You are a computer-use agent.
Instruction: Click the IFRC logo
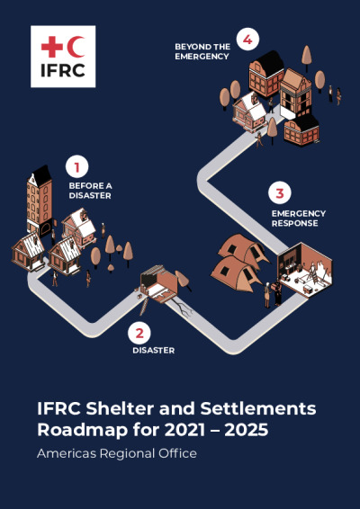coord(63,57)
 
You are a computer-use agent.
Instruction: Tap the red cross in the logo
coord(51,48)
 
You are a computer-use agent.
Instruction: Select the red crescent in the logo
coord(76,48)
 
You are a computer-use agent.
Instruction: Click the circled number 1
coord(77,167)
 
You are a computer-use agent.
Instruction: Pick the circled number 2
coord(139,333)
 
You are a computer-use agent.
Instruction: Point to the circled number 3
coord(280,193)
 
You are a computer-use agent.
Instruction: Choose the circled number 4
coord(247,40)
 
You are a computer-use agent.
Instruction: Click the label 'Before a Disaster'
coord(90,191)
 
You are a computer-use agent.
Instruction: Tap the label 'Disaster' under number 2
coord(153,351)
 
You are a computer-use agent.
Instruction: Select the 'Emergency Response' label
coord(299,219)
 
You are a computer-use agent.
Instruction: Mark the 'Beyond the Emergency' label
coord(202,51)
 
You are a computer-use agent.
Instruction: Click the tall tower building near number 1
coord(40,201)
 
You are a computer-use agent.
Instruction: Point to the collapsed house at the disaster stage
coord(160,283)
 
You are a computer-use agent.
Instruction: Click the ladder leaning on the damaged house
coord(144,306)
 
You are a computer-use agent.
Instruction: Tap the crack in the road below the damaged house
coord(182,308)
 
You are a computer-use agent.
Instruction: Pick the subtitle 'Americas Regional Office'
coord(117,453)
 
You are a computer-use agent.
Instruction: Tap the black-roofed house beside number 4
coord(265,73)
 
